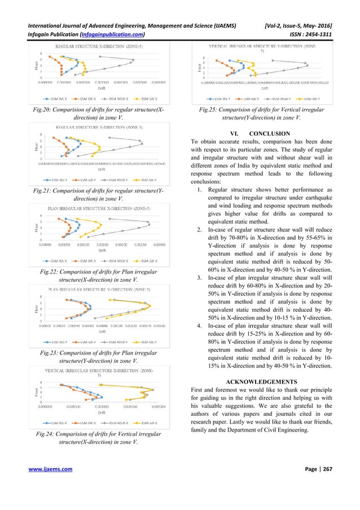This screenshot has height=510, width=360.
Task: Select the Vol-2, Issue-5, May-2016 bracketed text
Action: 300,11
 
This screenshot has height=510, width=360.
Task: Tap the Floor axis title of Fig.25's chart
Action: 197,67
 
